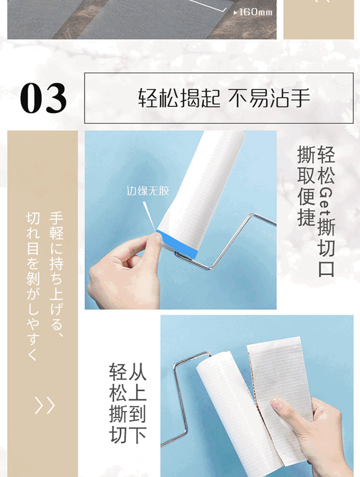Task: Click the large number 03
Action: [x=43, y=98]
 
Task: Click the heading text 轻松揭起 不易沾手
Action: [x=224, y=98]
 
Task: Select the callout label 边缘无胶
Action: [x=148, y=191]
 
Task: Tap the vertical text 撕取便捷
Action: [x=306, y=186]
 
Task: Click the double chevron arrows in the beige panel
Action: [x=45, y=405]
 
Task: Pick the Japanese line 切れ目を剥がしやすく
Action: [x=33, y=287]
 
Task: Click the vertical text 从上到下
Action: [x=137, y=403]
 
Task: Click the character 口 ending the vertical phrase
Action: [x=326, y=268]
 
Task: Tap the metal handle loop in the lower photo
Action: [x=180, y=399]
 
